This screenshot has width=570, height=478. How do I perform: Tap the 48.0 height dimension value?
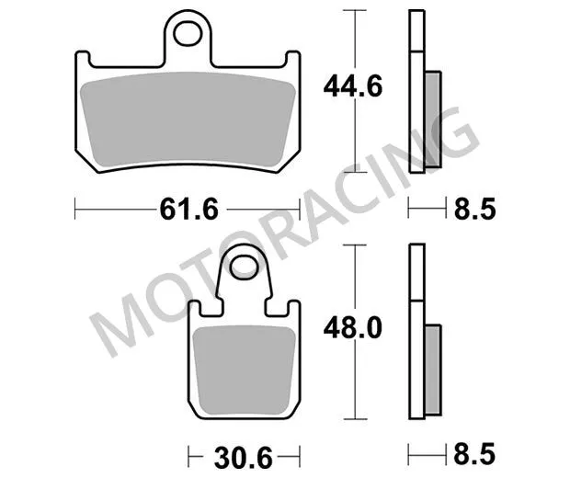352,326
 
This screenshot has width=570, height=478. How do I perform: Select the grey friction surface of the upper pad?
188,119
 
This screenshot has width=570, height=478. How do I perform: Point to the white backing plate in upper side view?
416,92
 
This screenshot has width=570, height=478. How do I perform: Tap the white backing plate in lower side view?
416,331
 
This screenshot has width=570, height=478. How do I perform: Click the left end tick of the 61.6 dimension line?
74,210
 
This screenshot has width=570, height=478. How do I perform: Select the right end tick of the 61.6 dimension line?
301,210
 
